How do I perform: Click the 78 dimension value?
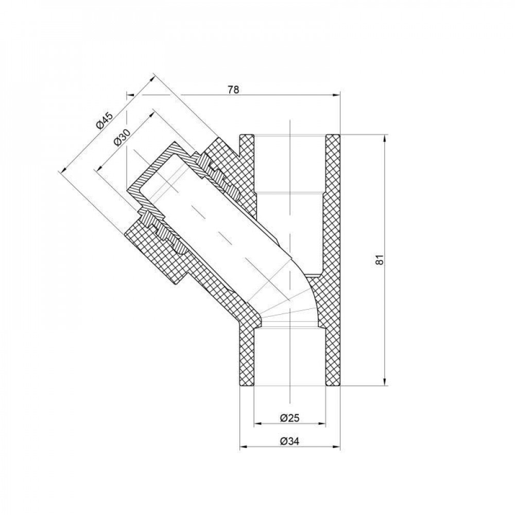233,89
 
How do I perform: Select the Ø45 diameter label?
105,120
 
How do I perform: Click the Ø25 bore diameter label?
290,418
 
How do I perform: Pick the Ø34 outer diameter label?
290,441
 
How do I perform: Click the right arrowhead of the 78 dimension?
337,95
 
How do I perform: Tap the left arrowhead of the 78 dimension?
130,95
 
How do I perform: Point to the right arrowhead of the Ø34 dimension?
337,447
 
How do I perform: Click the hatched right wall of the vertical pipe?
332,257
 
